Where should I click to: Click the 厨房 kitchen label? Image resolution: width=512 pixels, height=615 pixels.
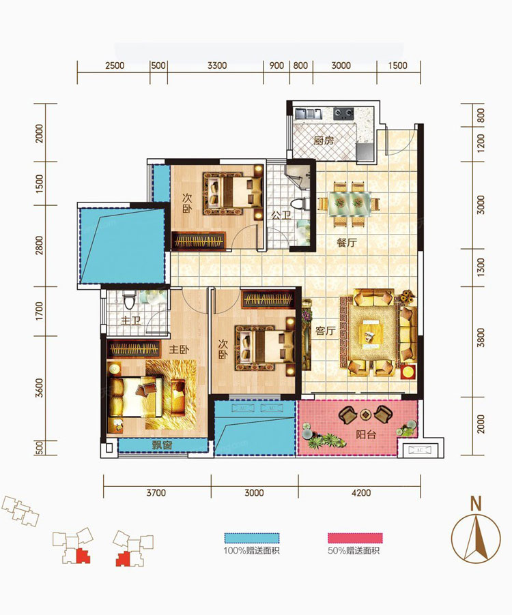[x=324, y=140]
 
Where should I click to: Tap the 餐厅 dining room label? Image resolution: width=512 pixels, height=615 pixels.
[x=347, y=243]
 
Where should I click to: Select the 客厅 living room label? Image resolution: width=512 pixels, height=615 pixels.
[x=325, y=331]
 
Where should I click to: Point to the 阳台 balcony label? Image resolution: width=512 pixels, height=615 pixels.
[x=366, y=434]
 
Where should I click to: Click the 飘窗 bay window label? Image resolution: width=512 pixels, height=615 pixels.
[x=162, y=445]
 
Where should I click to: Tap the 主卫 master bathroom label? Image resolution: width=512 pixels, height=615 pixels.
[x=131, y=320]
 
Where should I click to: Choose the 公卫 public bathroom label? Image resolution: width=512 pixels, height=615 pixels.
[x=281, y=215]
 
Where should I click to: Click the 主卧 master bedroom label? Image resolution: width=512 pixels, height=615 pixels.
[x=179, y=349]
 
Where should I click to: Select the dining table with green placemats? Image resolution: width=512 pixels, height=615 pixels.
[x=350, y=204]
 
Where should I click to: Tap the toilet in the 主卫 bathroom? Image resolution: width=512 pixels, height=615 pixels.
[x=129, y=301]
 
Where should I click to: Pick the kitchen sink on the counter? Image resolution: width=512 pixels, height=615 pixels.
[x=308, y=114]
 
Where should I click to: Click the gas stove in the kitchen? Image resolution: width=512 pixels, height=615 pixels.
[x=343, y=114]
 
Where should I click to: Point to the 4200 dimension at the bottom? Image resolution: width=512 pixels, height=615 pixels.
[x=361, y=493]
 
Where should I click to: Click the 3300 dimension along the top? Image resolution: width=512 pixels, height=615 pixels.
[x=216, y=65]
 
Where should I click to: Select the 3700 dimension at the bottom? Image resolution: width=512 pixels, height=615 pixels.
[x=156, y=493]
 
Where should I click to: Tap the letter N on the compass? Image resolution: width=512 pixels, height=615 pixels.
[x=476, y=503]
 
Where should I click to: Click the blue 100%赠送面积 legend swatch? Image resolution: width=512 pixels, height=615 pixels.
[x=252, y=538]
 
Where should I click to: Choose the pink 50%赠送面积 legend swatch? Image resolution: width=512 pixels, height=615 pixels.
[x=355, y=538]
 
